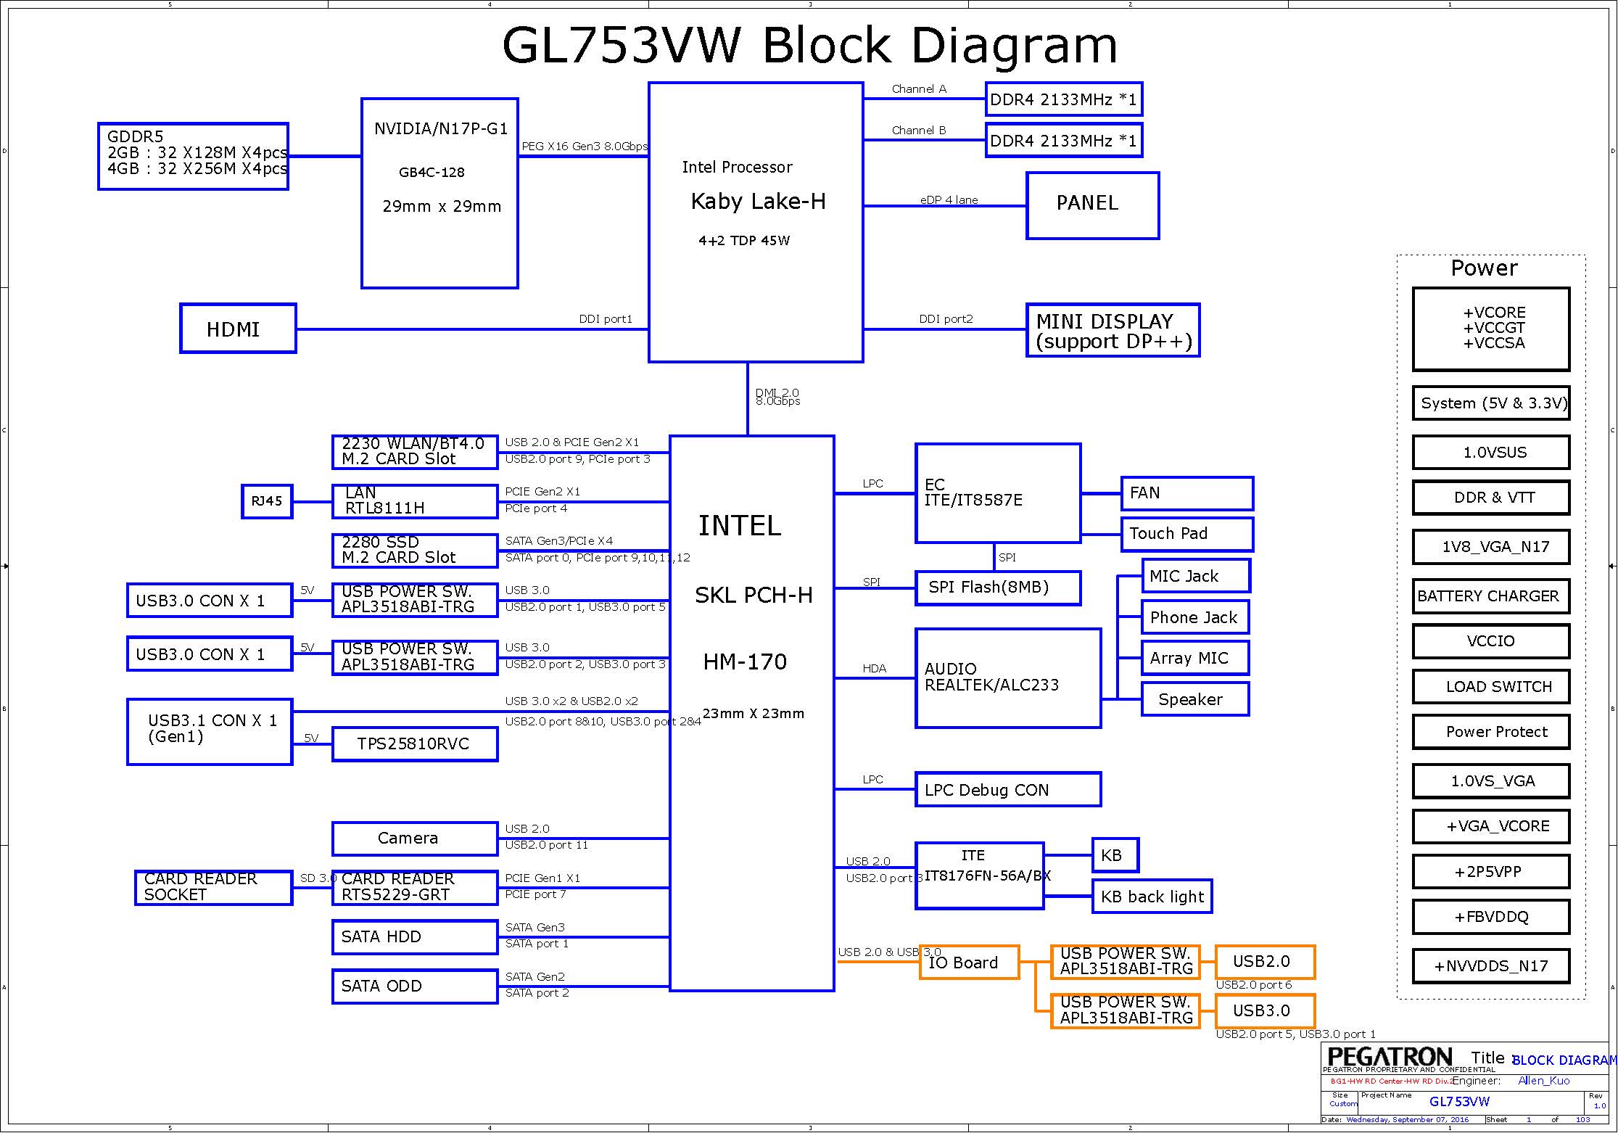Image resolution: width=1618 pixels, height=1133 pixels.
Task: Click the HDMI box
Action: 238,329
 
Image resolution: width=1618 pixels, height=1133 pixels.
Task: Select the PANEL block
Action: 1092,205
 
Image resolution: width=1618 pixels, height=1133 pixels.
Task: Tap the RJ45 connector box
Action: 267,501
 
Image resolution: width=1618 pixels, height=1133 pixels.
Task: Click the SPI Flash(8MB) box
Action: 998,588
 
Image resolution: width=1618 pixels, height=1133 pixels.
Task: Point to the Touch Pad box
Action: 1186,534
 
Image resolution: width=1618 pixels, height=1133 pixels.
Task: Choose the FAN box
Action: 1186,493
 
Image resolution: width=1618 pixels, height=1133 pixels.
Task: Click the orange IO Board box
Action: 969,963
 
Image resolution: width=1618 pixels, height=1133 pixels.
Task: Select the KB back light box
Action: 1152,897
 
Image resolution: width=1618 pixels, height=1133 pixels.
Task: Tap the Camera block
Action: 415,839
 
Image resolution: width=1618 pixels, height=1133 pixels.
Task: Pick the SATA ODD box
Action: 415,986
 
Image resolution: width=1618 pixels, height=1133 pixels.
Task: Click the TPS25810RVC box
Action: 415,744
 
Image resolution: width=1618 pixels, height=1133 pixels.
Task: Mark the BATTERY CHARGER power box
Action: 1491,596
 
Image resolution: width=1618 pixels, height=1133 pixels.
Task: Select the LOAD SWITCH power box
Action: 1491,687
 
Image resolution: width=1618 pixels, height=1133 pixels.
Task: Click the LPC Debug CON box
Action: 1008,789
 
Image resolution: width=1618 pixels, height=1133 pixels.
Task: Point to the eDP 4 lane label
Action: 949,200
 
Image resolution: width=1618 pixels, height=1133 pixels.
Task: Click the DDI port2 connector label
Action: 946,319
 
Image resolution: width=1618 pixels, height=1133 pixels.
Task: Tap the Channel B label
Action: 919,131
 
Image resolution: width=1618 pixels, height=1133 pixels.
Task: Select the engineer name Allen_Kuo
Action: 1543,1081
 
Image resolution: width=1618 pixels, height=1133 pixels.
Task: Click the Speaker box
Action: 1194,699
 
